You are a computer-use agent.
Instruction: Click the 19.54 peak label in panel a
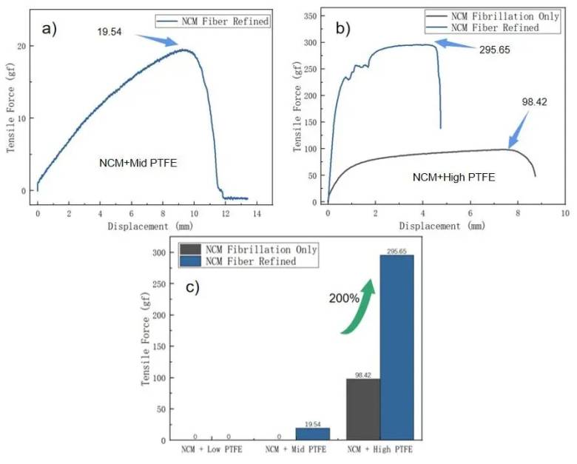pos(109,32)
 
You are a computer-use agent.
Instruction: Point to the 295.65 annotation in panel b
pos(495,50)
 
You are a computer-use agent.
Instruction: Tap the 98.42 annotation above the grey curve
pos(534,102)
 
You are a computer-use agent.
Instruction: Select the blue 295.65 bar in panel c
pos(397,347)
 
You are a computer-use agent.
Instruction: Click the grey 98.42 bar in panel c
pos(363,409)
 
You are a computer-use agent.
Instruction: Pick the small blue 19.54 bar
pos(313,434)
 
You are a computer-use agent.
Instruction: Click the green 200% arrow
pos(359,306)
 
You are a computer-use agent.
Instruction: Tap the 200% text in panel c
pos(344,298)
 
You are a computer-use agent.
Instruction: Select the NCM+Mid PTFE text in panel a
pos(138,163)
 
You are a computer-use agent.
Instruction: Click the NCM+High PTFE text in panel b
pos(453,177)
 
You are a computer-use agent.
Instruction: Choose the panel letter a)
pos(50,29)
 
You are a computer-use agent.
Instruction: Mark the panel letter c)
pos(192,287)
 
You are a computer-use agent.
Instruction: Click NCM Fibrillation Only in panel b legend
pos(505,16)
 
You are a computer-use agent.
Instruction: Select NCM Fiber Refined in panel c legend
pos(251,261)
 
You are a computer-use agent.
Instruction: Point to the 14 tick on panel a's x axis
pos(257,214)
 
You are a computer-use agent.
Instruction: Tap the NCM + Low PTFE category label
pos(212,450)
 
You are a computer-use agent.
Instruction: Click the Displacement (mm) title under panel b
pos(442,226)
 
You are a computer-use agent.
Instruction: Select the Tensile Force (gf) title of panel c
pos(146,339)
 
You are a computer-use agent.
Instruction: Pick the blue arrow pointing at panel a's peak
pos(157,40)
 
